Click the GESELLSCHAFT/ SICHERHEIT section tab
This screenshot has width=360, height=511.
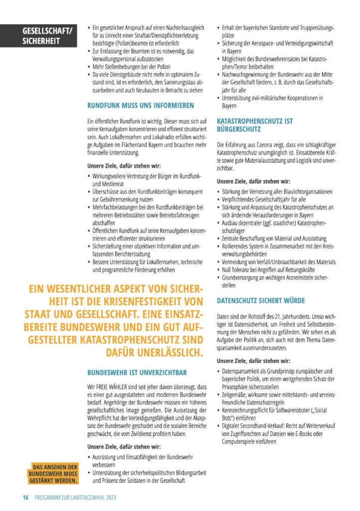click(47, 36)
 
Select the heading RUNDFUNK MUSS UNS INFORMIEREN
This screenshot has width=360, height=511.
click(141, 106)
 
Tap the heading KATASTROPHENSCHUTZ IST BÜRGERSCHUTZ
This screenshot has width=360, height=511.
click(255, 125)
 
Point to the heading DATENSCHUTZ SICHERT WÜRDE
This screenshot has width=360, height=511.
click(261, 301)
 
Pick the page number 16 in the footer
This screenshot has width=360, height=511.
click(25, 498)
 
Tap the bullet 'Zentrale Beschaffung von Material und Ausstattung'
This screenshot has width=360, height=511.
click(274, 239)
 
